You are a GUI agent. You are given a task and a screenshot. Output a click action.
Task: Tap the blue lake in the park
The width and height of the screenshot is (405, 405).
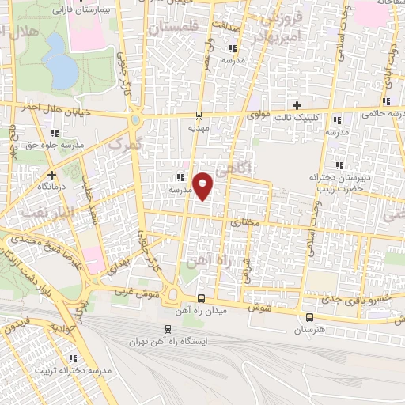64,69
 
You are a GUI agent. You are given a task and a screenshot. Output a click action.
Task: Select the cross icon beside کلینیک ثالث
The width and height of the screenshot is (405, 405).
297,105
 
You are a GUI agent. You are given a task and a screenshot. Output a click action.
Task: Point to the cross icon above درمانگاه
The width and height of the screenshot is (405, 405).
52,175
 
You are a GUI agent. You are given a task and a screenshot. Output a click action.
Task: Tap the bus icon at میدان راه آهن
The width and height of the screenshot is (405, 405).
201,298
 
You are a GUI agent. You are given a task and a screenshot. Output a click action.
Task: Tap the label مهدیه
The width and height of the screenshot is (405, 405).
196,127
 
